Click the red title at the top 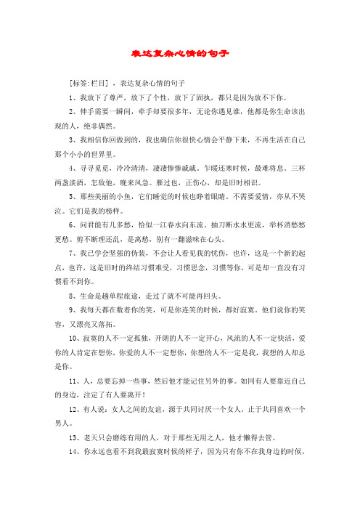pos(179,54)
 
